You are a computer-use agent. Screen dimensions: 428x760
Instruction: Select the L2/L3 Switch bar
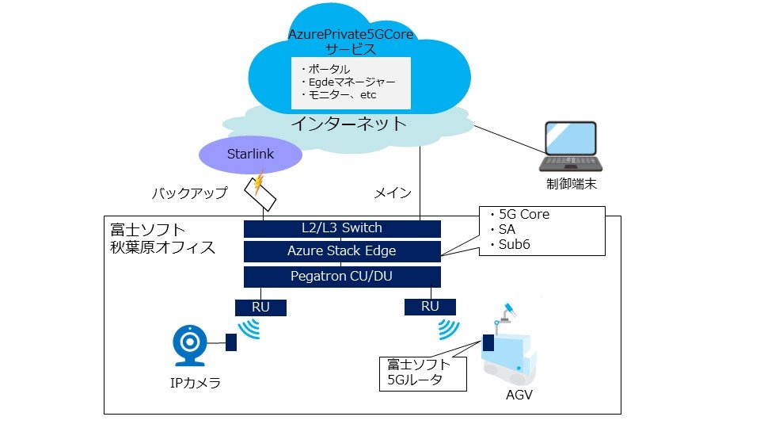(342, 229)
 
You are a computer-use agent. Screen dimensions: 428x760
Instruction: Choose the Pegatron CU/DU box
(342, 277)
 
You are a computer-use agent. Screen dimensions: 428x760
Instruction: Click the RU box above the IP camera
(260, 307)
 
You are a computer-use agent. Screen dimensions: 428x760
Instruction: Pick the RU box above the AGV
(429, 307)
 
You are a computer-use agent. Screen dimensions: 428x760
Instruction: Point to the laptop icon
(570, 147)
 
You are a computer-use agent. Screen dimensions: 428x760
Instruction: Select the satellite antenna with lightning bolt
(262, 191)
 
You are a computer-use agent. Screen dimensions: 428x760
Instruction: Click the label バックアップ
(189, 193)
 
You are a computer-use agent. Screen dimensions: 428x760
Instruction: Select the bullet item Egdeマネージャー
(348, 82)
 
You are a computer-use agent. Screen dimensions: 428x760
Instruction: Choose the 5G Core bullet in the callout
(519, 214)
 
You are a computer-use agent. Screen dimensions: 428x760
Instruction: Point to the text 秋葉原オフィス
(162, 246)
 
